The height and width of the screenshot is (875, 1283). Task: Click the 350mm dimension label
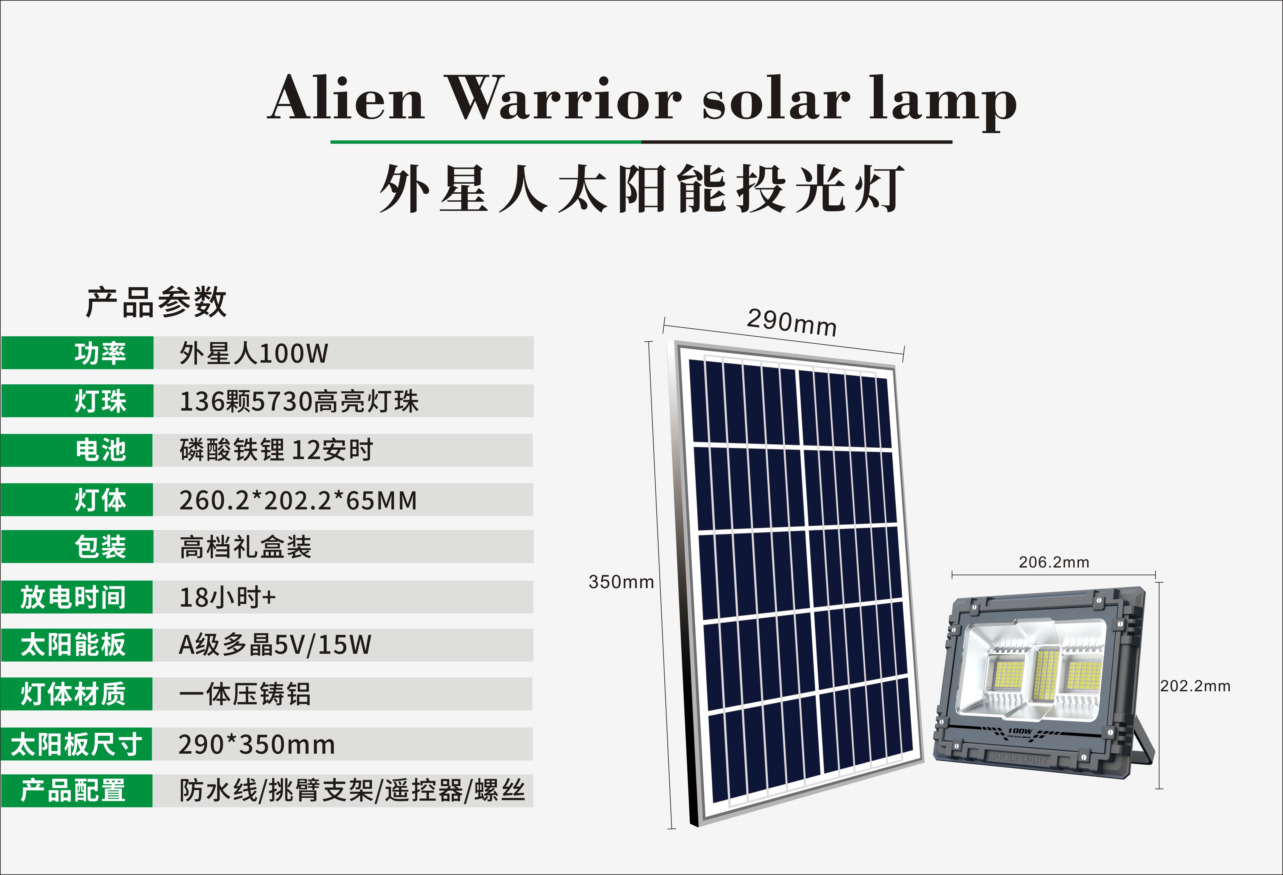click(x=621, y=582)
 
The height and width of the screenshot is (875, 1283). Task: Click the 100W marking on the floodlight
click(x=1020, y=731)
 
